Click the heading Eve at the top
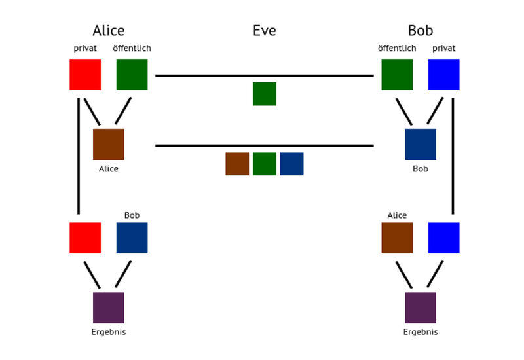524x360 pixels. [x=265, y=30]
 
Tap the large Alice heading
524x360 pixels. [x=109, y=30]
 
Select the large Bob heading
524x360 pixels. [x=421, y=30]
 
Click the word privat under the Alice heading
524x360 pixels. [x=85, y=48]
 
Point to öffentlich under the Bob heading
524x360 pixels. [x=397, y=48]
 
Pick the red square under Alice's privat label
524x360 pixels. [x=85, y=75]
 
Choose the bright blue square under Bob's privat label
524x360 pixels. [x=444, y=75]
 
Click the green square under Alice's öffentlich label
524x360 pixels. [x=132, y=75]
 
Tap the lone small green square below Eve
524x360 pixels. [x=265, y=94]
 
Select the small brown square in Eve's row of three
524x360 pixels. [x=237, y=164]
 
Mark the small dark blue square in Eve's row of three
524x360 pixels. [x=291, y=164]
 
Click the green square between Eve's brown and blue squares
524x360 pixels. [x=265, y=164]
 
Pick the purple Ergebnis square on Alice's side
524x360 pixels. [x=109, y=308]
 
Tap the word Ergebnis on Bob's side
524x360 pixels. [x=421, y=332]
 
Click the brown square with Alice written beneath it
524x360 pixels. [x=109, y=144]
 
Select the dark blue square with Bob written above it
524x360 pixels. [x=132, y=238]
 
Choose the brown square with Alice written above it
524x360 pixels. [x=397, y=238]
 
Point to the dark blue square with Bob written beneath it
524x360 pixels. [x=421, y=144]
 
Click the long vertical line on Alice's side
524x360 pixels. [x=79, y=156]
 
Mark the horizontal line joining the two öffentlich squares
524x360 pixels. [x=265, y=76]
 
